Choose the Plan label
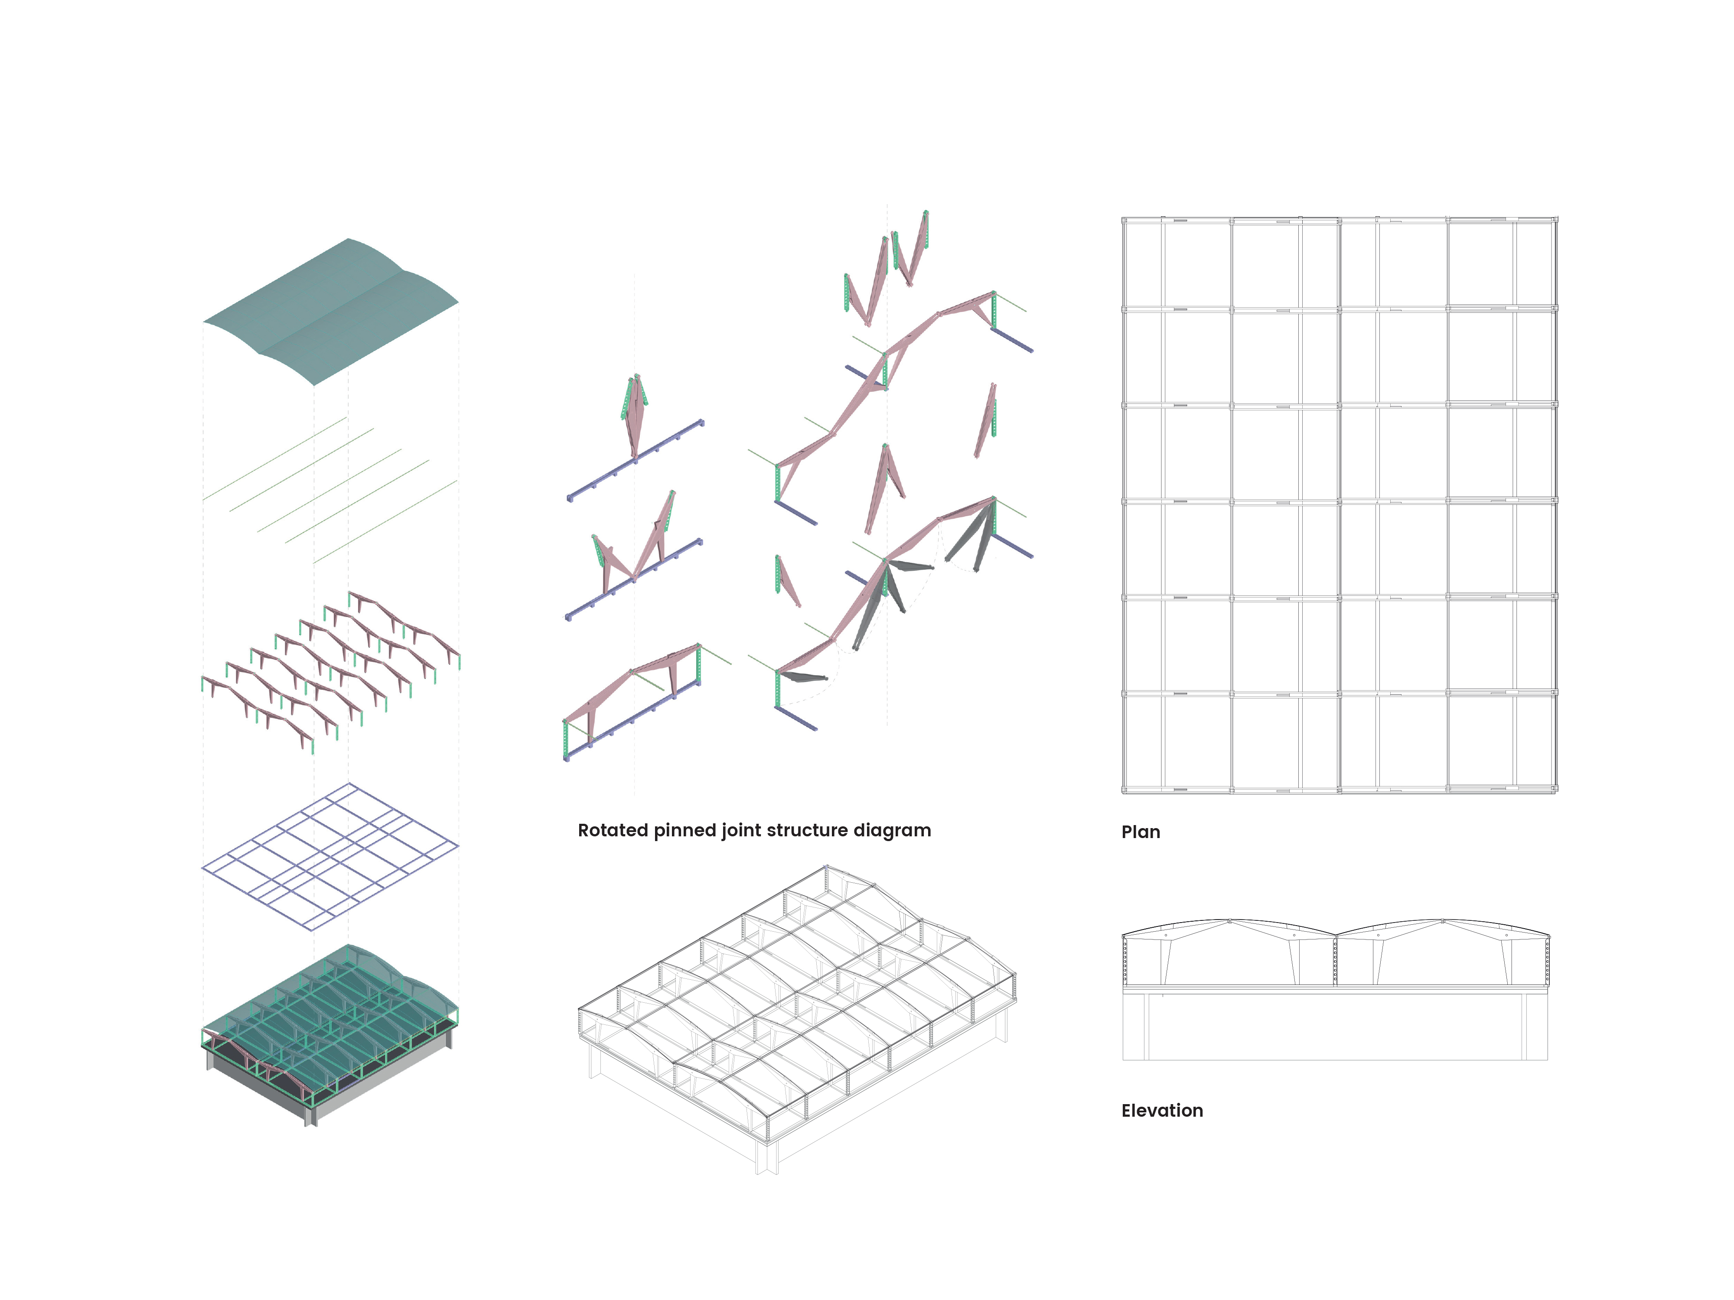coord(1141,832)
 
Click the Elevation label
coord(1162,1110)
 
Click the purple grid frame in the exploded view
coord(330,856)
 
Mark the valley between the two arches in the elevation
coord(1335,935)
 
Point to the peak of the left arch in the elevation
coord(1229,920)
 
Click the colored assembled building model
coord(330,1034)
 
